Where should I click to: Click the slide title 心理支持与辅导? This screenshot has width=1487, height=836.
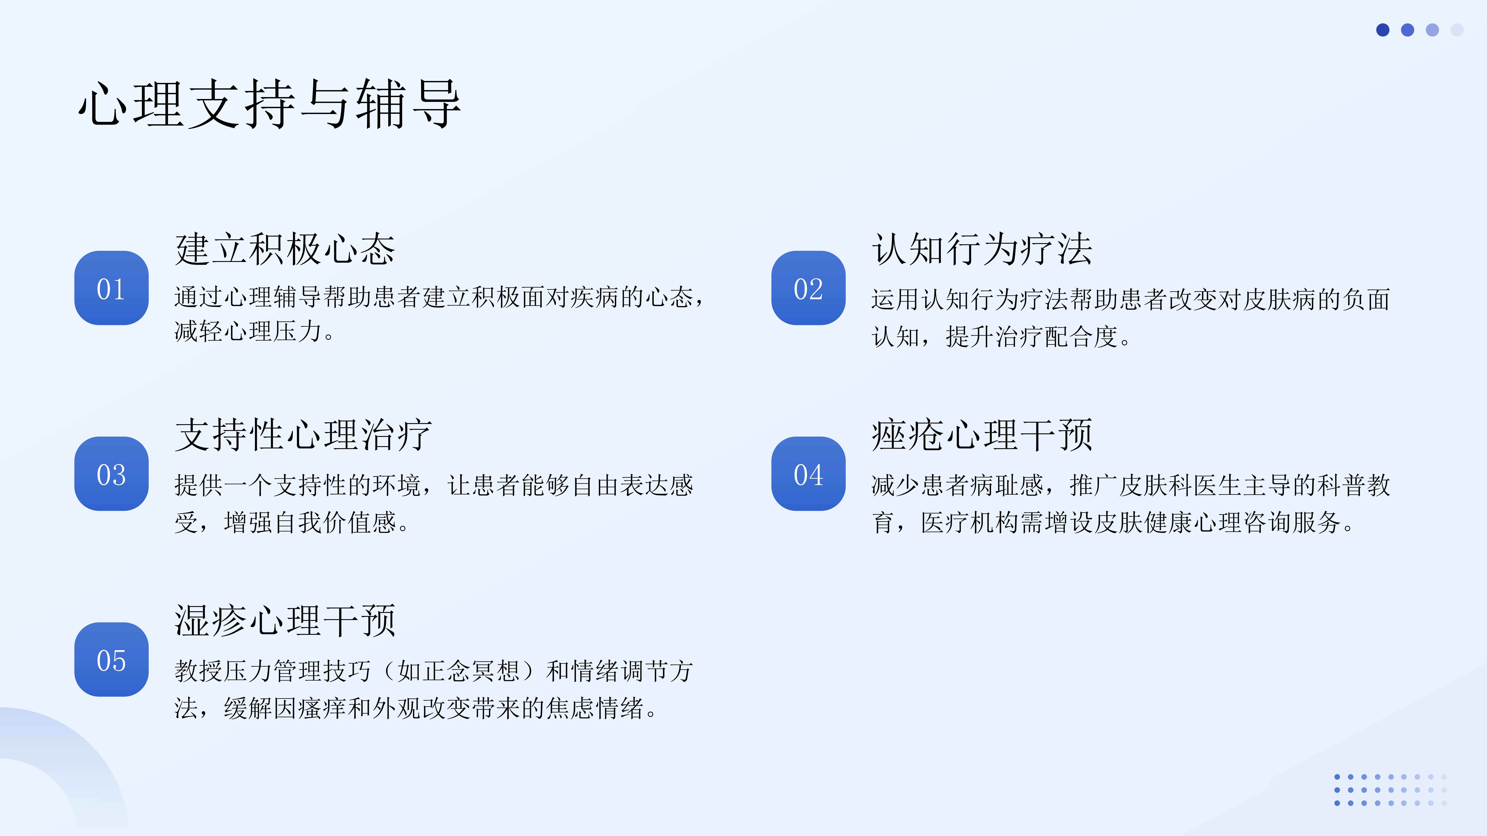[x=270, y=104]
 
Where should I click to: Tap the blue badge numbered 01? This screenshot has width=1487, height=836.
[x=111, y=288]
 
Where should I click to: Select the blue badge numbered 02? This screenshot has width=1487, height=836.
[x=808, y=288]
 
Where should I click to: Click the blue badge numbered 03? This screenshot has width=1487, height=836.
[x=111, y=474]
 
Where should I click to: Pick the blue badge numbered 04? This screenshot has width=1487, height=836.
[x=808, y=474]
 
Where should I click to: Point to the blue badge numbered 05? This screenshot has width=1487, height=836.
[x=111, y=660]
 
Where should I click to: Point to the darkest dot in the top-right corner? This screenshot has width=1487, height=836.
[x=1382, y=30]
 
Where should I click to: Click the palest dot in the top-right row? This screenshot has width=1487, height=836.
[x=1457, y=30]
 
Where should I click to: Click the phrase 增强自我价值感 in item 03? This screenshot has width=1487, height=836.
[x=310, y=522]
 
